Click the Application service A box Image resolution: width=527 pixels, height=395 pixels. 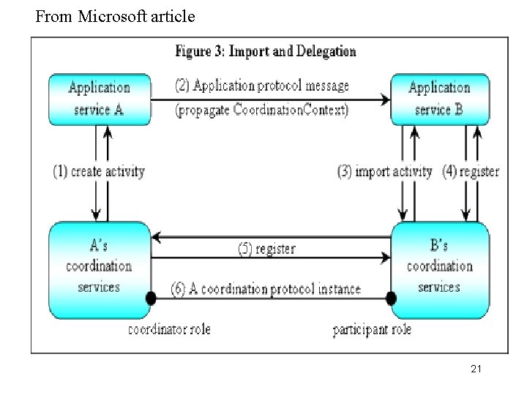(x=100, y=99)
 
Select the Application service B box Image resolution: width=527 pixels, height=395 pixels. (x=440, y=99)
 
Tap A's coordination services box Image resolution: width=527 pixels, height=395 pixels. (x=100, y=270)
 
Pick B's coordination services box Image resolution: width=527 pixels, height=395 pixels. (x=441, y=270)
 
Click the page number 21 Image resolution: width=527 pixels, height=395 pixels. (x=476, y=369)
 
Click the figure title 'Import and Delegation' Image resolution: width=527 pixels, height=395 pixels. (x=292, y=51)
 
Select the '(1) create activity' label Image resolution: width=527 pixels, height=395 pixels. (x=99, y=171)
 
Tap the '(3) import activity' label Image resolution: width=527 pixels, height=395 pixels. (x=384, y=171)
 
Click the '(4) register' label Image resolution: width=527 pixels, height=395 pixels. (x=471, y=171)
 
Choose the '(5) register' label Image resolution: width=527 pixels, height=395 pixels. (x=266, y=249)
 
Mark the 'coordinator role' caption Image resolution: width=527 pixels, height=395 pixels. (x=169, y=329)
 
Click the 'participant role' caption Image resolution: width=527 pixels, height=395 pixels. (x=372, y=329)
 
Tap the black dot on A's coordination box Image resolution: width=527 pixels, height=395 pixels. (x=151, y=298)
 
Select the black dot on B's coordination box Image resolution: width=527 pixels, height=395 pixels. (x=391, y=298)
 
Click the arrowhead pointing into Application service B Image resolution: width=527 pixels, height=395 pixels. (x=385, y=99)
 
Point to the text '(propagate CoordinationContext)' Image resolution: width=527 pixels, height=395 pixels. (x=261, y=110)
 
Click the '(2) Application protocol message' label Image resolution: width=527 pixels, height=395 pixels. (x=262, y=86)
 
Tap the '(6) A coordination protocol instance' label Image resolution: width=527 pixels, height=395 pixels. (x=266, y=289)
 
